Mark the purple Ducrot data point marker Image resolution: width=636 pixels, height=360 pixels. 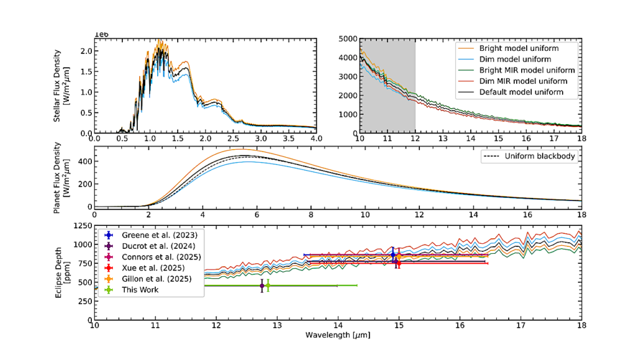pos(262,286)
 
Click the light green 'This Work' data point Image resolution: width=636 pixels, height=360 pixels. pos(268,286)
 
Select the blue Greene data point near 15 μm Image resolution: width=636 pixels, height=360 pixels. pos(393,254)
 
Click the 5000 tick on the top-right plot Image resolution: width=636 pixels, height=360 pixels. pos(348,38)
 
